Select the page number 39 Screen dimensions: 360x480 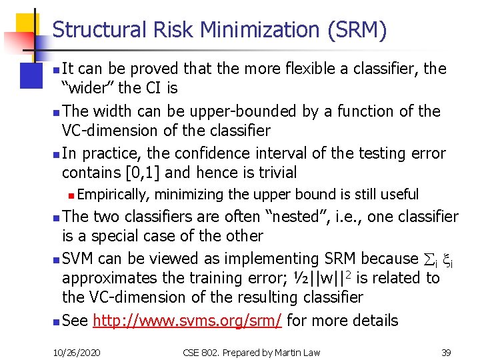coord(446,351)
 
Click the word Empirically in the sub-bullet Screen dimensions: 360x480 coord(115,195)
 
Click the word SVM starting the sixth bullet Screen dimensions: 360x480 coord(78,259)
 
